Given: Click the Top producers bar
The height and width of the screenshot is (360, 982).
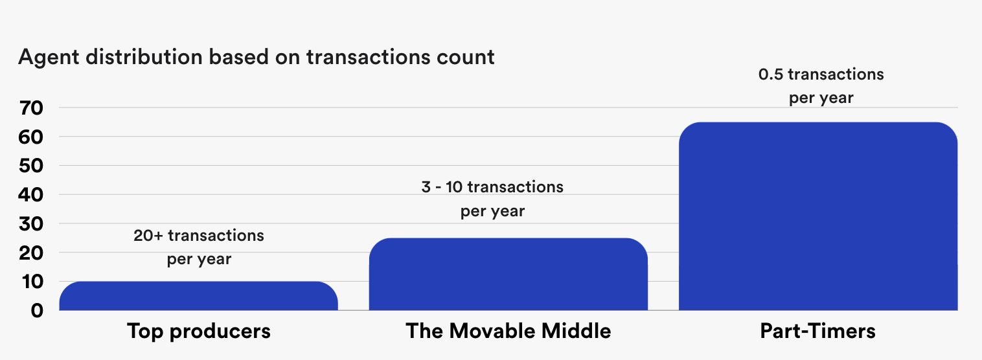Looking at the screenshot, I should [198, 296].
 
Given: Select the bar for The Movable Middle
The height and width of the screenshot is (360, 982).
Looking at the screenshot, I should [508, 275].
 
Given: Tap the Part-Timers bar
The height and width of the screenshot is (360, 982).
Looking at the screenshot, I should [817, 216].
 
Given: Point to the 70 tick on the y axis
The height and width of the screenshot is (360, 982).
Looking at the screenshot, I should [31, 108].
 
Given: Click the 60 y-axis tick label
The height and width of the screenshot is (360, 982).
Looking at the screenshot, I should [31, 137].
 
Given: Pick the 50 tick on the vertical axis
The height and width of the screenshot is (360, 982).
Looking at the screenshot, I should [31, 166].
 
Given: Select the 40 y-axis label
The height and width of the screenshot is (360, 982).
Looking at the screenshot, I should [31, 194].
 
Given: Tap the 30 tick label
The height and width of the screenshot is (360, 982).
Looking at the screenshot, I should [31, 223].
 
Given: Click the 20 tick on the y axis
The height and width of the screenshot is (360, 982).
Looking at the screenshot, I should [31, 253].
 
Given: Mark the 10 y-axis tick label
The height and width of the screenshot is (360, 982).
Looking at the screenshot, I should [31, 281].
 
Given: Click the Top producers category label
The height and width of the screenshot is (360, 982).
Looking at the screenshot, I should [199, 332].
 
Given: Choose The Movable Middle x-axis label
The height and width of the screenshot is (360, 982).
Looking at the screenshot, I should [508, 332].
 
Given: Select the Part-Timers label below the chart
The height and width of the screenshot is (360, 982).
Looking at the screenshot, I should [817, 332].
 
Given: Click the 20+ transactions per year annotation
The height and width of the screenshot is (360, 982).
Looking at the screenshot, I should [199, 247].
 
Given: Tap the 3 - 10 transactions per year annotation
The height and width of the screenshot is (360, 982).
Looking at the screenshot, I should [492, 199].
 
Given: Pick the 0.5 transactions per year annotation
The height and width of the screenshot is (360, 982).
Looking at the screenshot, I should [821, 87].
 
